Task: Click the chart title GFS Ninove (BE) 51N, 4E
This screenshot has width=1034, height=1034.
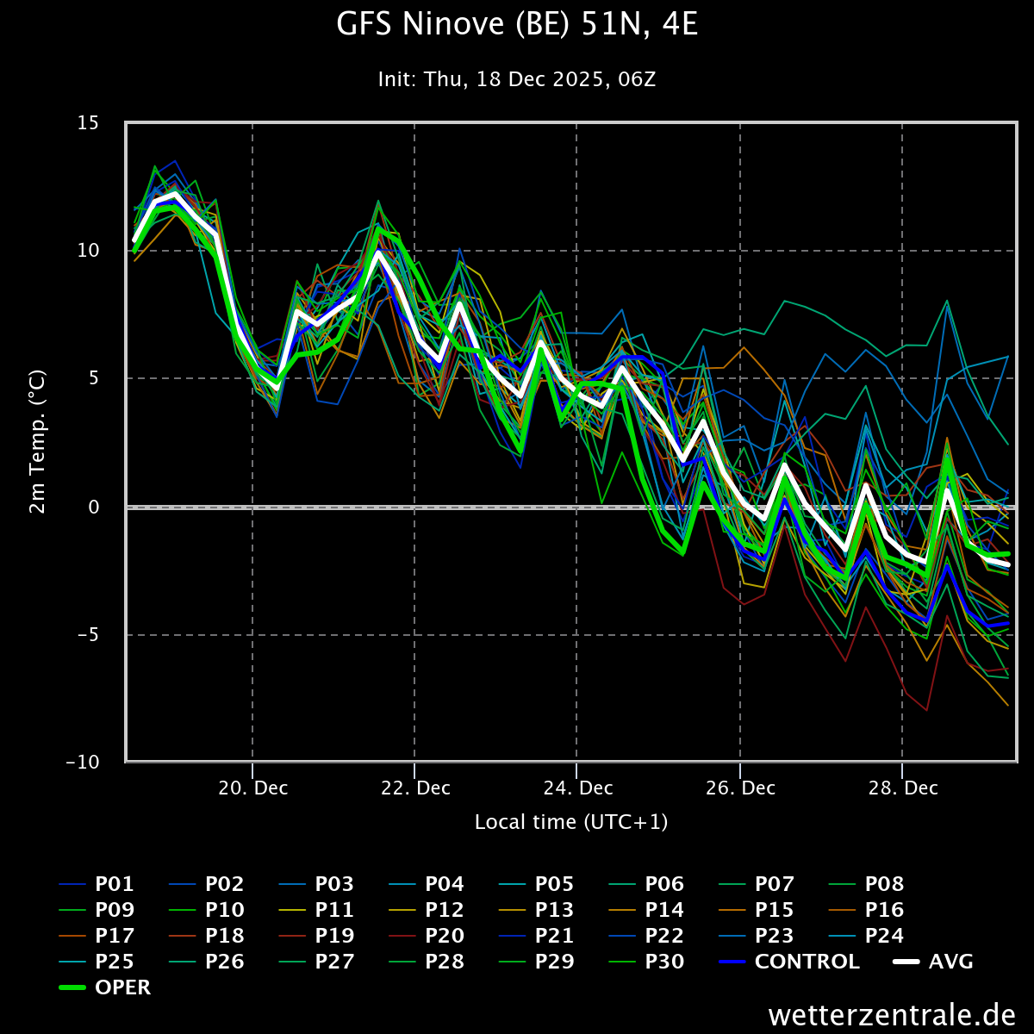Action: (517, 26)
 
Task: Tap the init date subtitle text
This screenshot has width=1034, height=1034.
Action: (517, 80)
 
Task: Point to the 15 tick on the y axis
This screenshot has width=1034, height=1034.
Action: (89, 123)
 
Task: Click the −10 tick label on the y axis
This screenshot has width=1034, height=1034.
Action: (83, 763)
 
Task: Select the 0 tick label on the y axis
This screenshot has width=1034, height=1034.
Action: (95, 507)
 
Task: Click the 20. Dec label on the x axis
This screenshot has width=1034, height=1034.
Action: (253, 788)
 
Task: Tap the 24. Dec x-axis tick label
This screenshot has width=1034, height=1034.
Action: (578, 788)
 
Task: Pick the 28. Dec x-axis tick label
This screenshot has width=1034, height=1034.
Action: (903, 788)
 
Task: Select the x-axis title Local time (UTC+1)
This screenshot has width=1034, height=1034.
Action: (571, 822)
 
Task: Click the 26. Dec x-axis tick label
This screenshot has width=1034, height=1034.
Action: (741, 788)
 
